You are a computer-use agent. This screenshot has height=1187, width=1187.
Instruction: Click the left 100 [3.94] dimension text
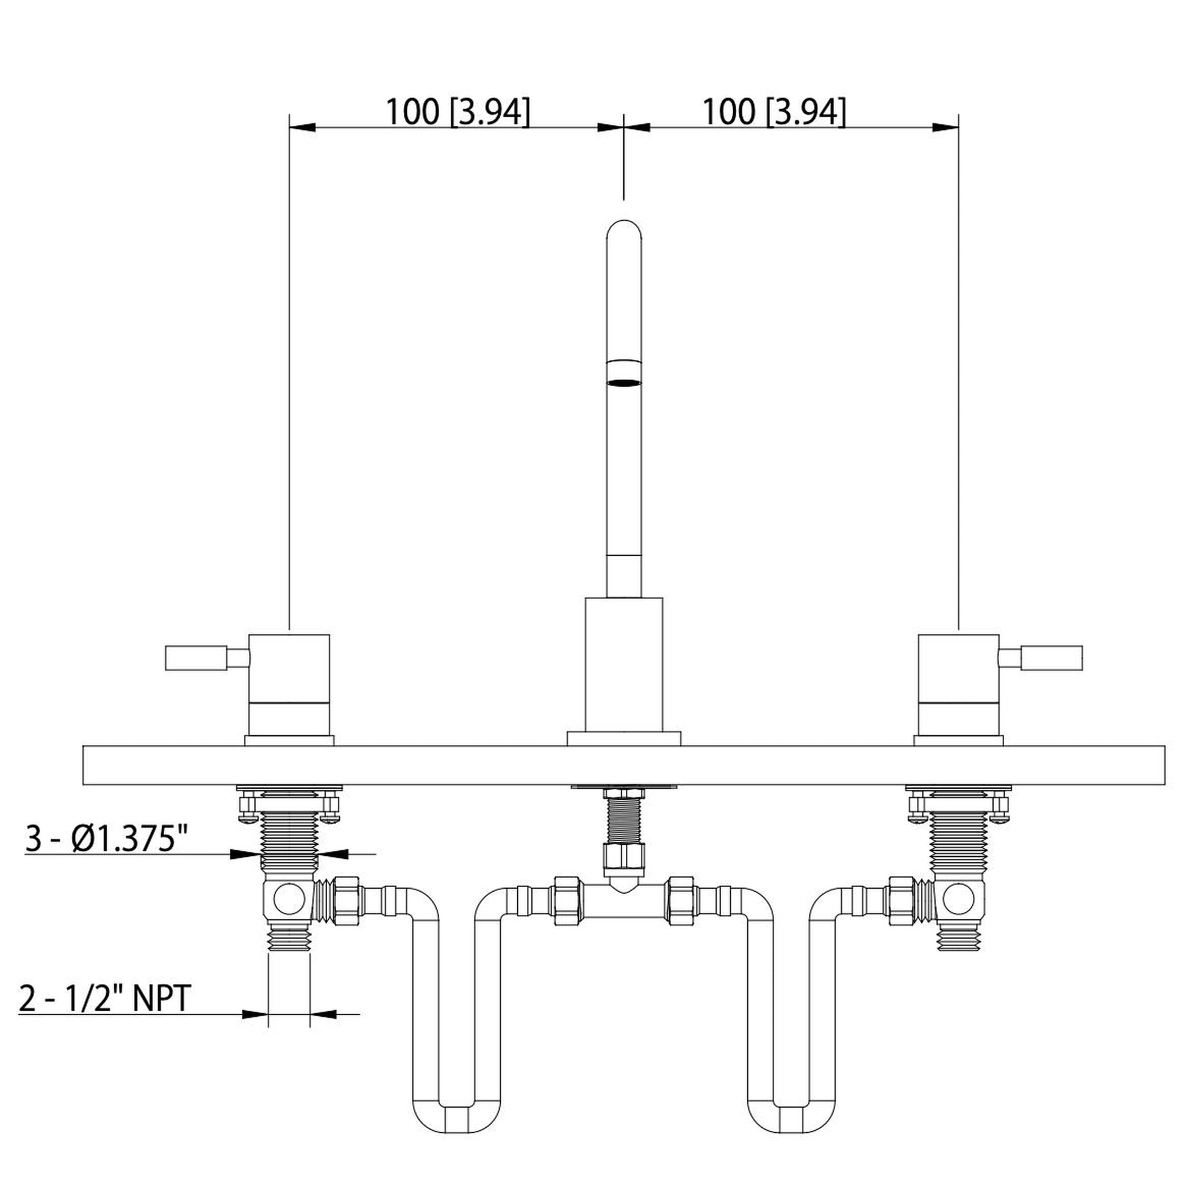[x=457, y=112]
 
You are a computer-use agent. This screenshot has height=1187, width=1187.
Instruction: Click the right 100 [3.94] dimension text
[x=773, y=112]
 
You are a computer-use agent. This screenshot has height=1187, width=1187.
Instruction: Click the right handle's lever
[x=1051, y=658]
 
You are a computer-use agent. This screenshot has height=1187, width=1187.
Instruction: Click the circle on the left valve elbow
[x=289, y=900]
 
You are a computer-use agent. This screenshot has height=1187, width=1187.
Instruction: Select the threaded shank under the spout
[x=623, y=820]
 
